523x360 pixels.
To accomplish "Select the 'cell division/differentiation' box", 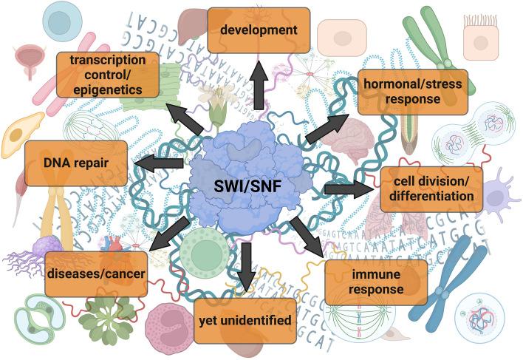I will pyautogui.click(x=431, y=189).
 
